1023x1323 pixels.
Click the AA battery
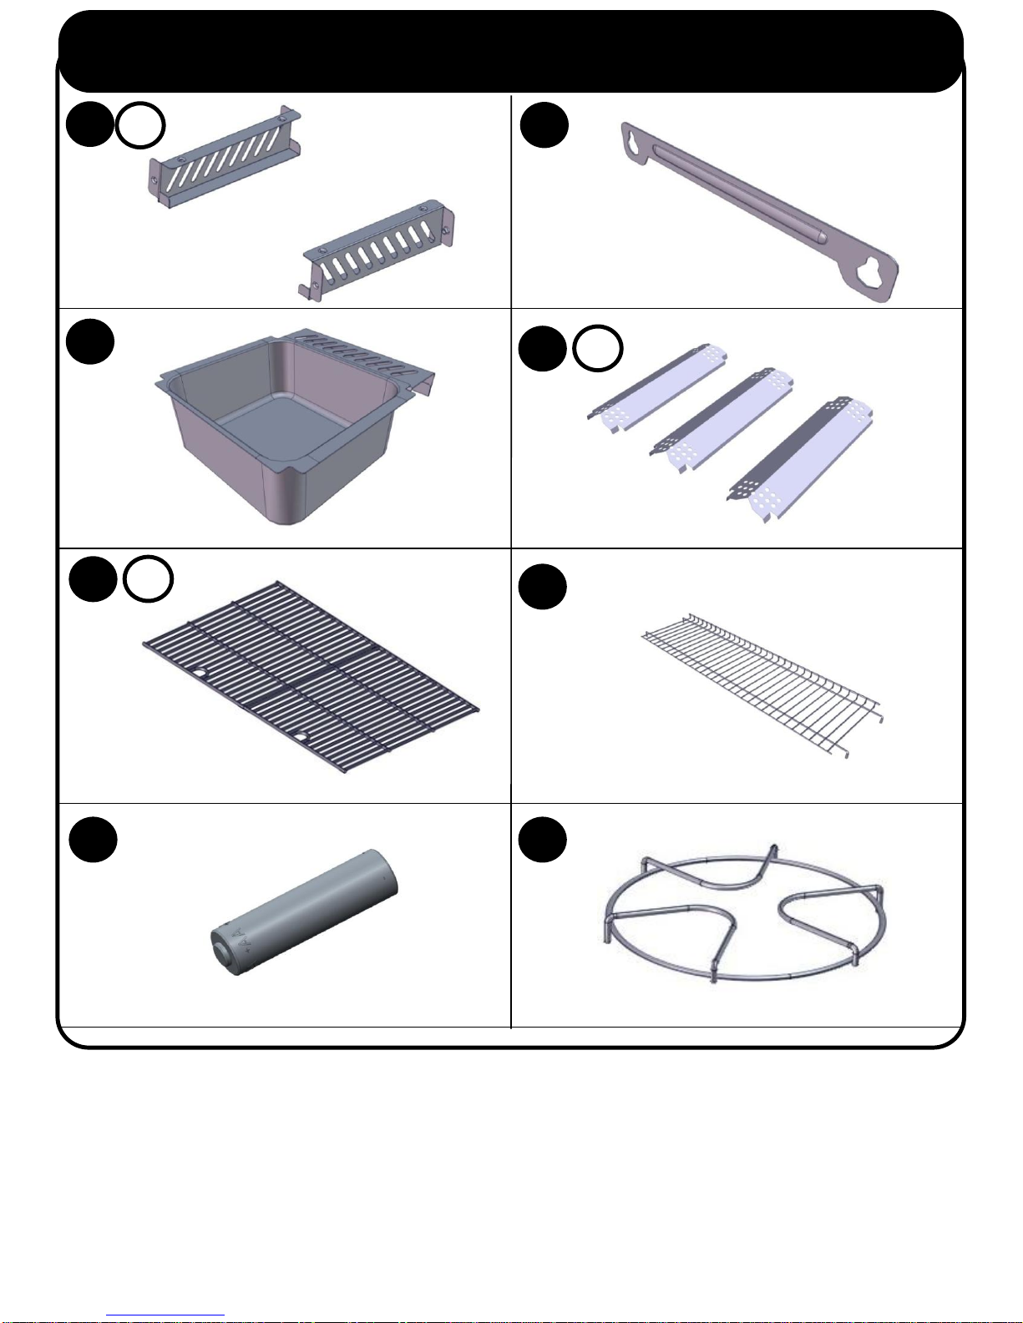coord(304,912)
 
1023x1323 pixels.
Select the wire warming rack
coord(762,685)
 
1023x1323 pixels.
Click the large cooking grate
coord(311,676)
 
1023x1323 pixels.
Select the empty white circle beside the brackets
coord(140,125)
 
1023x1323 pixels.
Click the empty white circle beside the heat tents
coord(597,348)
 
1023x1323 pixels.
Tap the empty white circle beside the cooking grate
coord(148,579)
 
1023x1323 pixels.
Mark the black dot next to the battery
coord(93,840)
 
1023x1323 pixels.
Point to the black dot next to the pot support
coord(542,840)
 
